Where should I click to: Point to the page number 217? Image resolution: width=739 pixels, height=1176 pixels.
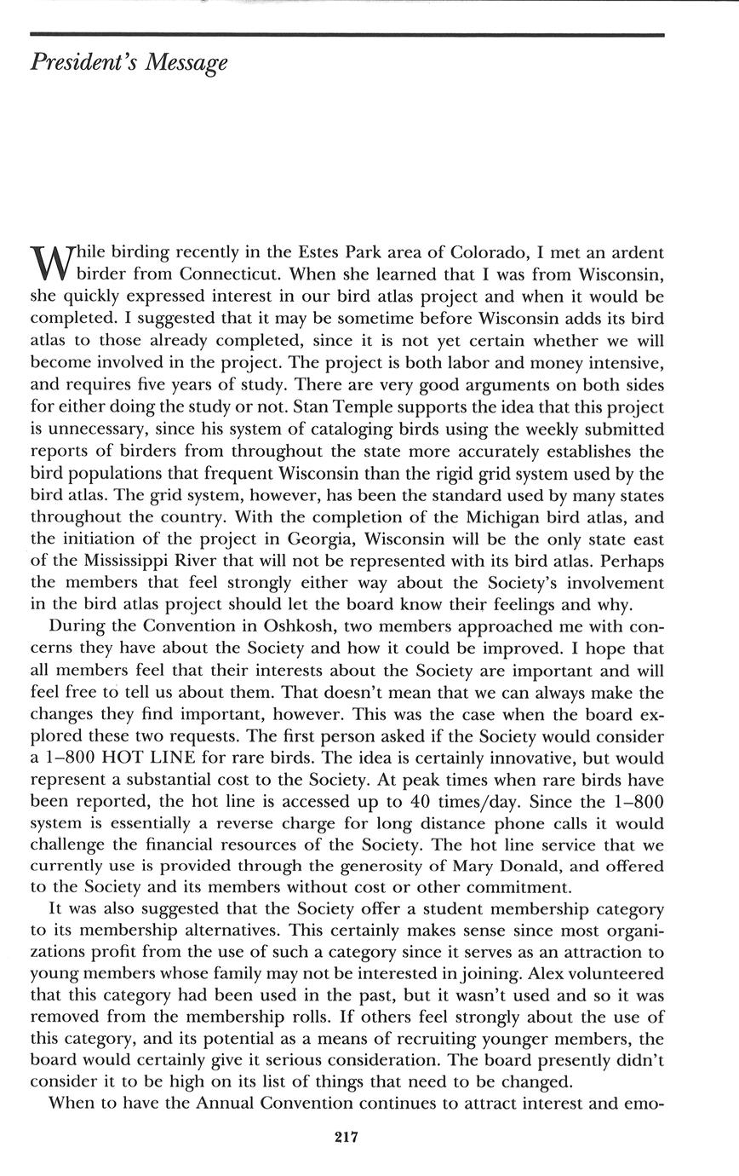(x=347, y=1137)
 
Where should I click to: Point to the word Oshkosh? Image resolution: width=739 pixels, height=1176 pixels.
(x=284, y=627)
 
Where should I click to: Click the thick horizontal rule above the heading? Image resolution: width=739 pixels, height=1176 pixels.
(x=347, y=35)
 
